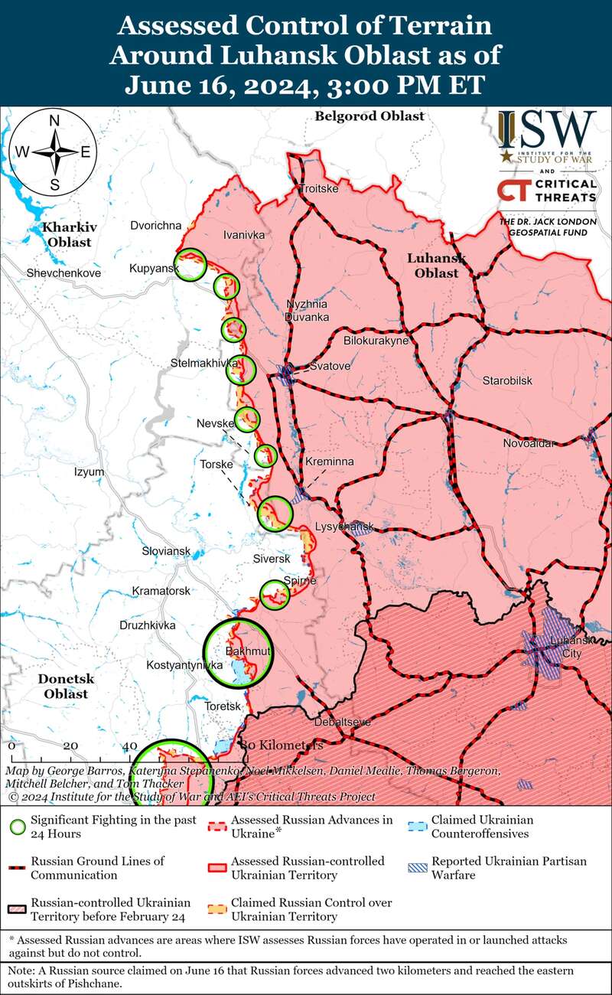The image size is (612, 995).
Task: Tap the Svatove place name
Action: pyautogui.click(x=330, y=367)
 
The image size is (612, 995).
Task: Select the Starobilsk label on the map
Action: pyautogui.click(x=506, y=380)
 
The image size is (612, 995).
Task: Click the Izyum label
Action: pyautogui.click(x=89, y=472)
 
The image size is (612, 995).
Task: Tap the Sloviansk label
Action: pyautogui.click(x=166, y=551)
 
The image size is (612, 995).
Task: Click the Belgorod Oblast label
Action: pyautogui.click(x=369, y=116)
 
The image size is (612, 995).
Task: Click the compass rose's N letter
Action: pyautogui.click(x=54, y=121)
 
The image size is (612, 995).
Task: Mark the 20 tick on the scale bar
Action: pyautogui.click(x=70, y=745)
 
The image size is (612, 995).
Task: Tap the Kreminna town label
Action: pyautogui.click(x=330, y=463)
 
